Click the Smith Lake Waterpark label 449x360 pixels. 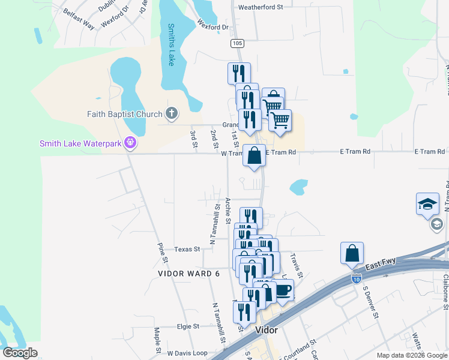click(x=80, y=143)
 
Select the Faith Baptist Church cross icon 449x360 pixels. click(x=172, y=113)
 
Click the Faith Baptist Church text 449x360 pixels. click(x=125, y=114)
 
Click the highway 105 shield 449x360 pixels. click(x=237, y=43)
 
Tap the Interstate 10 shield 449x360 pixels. click(x=357, y=279)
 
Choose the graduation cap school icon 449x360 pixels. click(x=427, y=204)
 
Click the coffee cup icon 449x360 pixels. click(x=283, y=290)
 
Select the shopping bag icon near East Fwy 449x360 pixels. click(x=352, y=254)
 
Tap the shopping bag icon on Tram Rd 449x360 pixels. click(x=255, y=155)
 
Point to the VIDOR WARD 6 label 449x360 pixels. click(x=189, y=274)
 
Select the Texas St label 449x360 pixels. click(x=187, y=249)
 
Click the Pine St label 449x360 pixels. click(x=161, y=253)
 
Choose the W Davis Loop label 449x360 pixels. click(x=187, y=353)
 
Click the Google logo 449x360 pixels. click(x=20, y=353)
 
